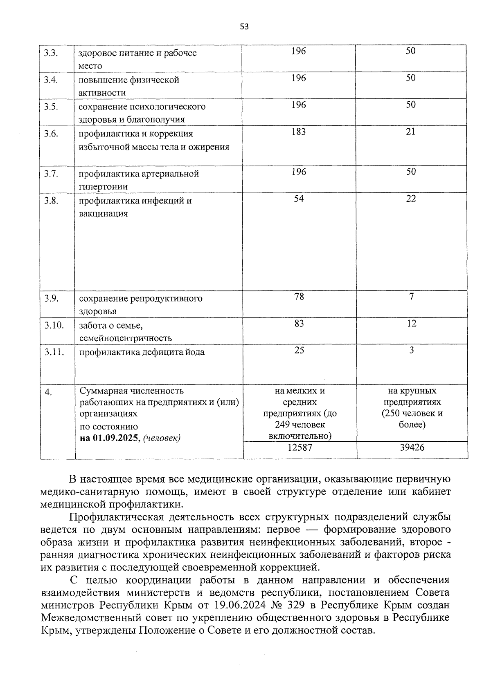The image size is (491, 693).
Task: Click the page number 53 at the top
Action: point(244,27)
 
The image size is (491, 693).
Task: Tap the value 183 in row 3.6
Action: point(299,132)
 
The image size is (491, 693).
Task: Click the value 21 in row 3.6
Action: point(411,132)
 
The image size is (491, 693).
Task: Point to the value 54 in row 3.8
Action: point(299,199)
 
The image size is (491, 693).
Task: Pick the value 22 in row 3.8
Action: point(411,199)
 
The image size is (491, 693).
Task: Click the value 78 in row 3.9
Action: point(299,297)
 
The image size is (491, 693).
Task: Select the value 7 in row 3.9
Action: point(412,297)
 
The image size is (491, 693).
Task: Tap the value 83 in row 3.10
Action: point(299,324)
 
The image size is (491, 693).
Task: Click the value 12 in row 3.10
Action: point(412,324)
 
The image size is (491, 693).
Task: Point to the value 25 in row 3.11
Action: point(299,351)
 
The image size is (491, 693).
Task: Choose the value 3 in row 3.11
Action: point(412,351)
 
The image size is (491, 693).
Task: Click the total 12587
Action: point(300,447)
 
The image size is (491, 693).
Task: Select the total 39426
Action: point(412,447)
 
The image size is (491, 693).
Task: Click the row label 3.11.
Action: point(54,352)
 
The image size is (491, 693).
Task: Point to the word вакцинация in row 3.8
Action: point(103,214)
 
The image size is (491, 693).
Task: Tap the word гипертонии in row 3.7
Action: point(103,187)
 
